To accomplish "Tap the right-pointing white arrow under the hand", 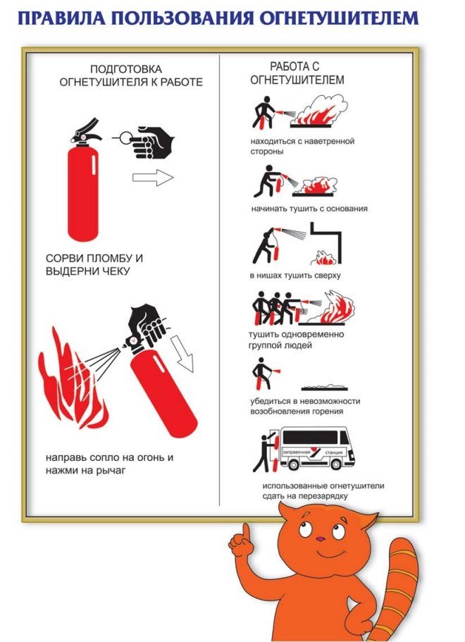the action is click(x=153, y=178).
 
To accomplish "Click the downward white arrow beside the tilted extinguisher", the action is click(x=182, y=353).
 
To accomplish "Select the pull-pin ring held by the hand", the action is click(x=127, y=137).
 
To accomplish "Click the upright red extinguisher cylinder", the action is click(x=83, y=192).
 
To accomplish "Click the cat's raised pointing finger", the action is click(x=245, y=533).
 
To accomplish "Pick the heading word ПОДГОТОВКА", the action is click(x=126, y=69).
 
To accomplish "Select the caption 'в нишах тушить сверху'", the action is click(x=295, y=275).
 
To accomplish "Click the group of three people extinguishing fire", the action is click(x=274, y=308).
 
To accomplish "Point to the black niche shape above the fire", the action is click(x=325, y=242).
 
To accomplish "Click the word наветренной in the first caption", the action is click(x=332, y=141).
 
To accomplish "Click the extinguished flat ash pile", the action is click(x=325, y=388).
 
